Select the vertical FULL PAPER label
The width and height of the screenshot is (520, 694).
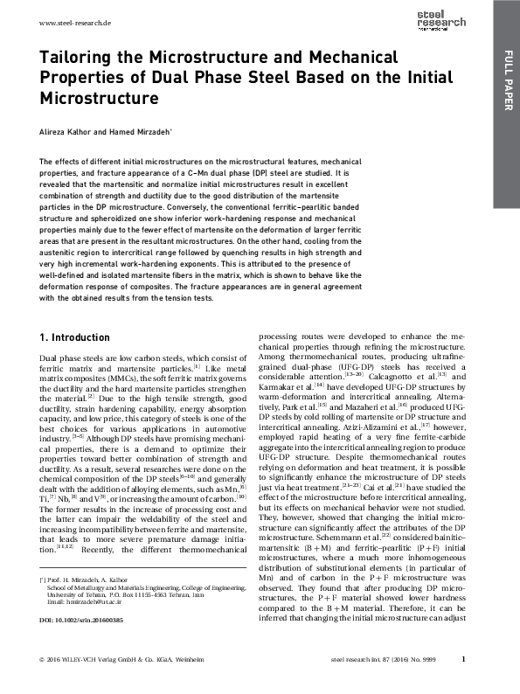point(506,84)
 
